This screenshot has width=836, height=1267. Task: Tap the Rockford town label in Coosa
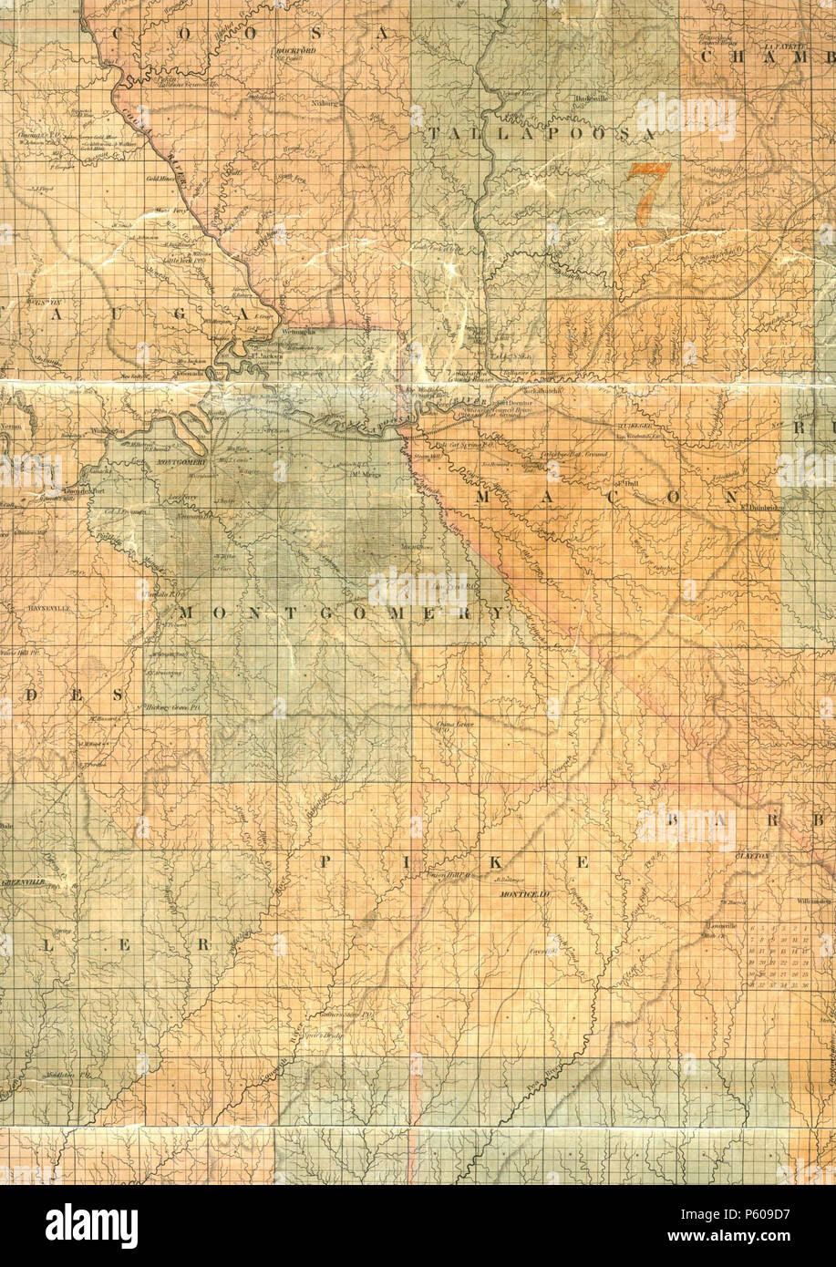click(294, 52)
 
